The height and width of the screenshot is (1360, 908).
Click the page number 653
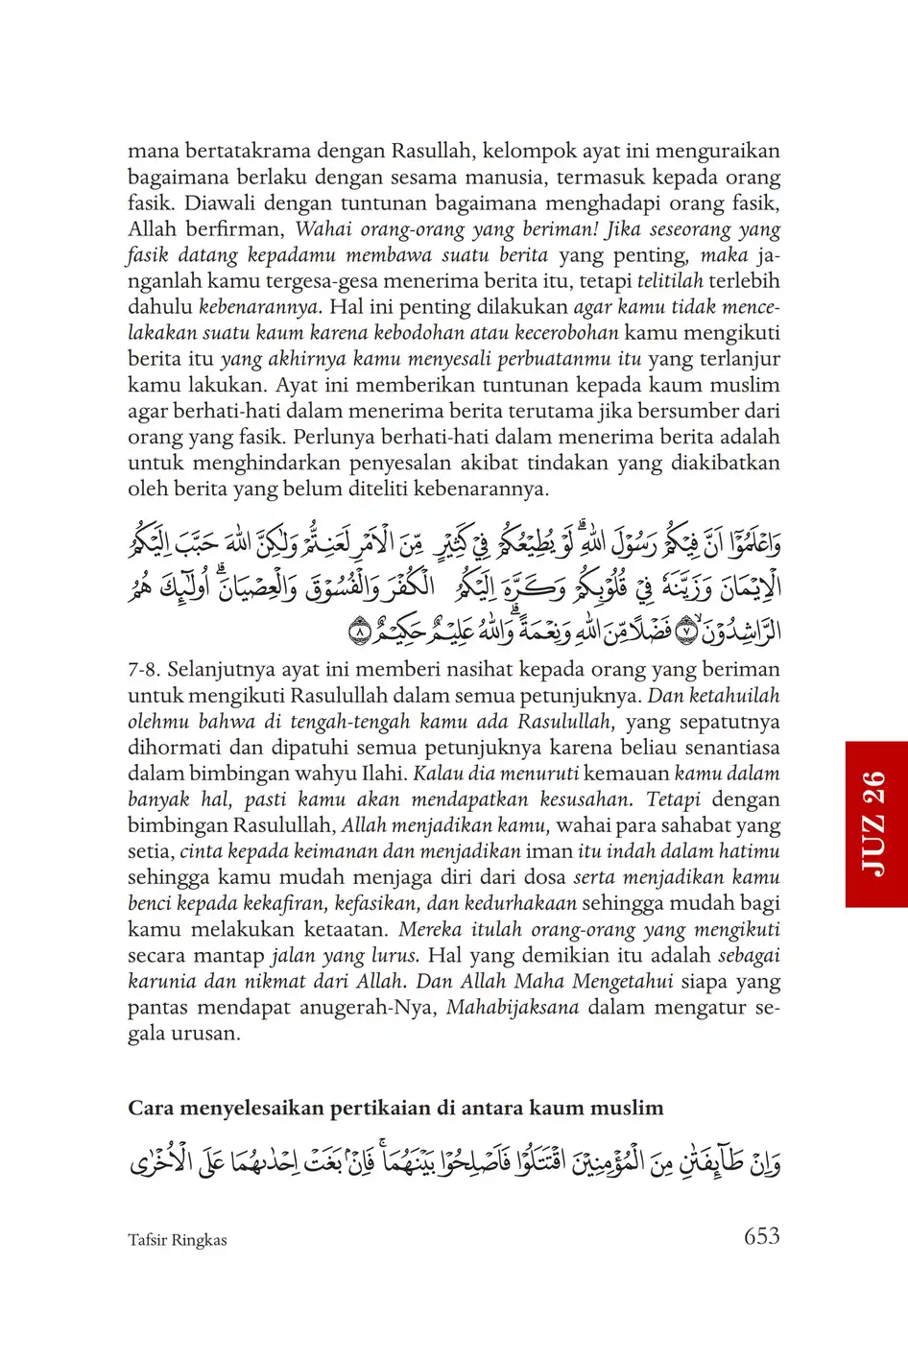[761, 1236]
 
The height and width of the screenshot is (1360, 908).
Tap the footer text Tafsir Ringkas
[178, 1240]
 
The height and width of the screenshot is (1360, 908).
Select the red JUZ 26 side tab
[876, 823]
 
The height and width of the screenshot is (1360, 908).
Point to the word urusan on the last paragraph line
[205, 1034]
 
